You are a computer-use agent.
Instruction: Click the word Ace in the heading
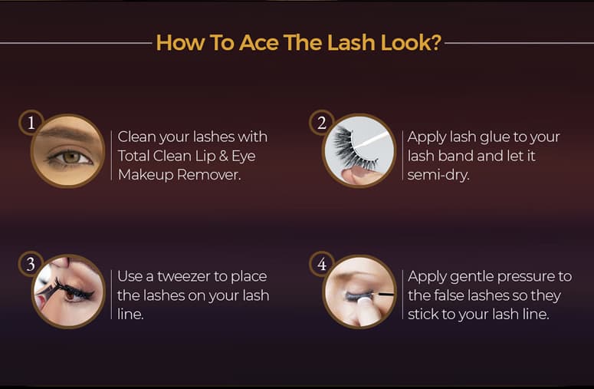(259, 42)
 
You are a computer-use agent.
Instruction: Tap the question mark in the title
(436, 42)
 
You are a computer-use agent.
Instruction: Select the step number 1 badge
(31, 123)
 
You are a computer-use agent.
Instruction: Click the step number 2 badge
(322, 123)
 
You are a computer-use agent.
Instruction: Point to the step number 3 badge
(31, 264)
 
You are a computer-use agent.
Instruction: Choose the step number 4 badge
(322, 264)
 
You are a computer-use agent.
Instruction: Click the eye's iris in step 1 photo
(71, 157)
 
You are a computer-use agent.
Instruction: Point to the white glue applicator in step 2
(371, 140)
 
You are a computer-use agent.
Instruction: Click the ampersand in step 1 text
(224, 157)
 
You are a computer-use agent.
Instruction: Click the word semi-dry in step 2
(438, 176)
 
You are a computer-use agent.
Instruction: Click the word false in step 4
(449, 295)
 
